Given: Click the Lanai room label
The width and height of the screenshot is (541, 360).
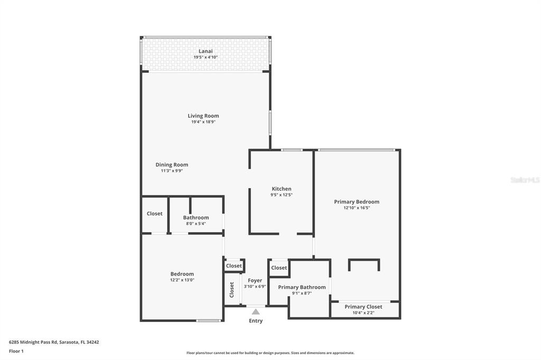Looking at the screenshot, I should click(x=206, y=51).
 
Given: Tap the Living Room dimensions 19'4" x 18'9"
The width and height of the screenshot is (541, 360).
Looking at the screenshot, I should click(x=203, y=122).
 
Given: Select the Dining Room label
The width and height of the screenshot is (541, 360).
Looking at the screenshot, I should click(x=172, y=165).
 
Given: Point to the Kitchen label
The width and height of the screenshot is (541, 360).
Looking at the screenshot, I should click(x=281, y=188).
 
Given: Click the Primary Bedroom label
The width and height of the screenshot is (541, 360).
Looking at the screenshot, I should click(x=356, y=202).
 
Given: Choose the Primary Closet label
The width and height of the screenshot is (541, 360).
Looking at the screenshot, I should click(x=363, y=307).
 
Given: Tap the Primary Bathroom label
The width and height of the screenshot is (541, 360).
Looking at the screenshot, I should click(x=302, y=287).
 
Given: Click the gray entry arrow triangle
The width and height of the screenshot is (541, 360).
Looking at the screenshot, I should click(x=256, y=311).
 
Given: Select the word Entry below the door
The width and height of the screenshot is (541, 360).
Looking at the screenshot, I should click(x=256, y=321).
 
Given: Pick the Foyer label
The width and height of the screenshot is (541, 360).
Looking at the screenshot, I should click(x=255, y=280).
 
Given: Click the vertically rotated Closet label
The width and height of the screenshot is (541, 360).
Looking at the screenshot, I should click(x=232, y=289).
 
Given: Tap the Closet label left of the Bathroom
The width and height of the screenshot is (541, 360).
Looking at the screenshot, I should click(x=154, y=214).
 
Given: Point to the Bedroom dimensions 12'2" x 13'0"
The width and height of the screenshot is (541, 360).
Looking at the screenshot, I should click(x=182, y=280).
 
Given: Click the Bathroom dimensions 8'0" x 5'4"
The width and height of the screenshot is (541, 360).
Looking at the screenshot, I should click(x=195, y=224).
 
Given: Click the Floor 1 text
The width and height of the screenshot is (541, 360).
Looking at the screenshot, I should click(x=16, y=351).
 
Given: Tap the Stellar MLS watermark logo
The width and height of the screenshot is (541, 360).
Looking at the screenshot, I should click(x=525, y=180).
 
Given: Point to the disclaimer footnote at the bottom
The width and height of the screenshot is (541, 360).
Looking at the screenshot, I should click(x=270, y=353).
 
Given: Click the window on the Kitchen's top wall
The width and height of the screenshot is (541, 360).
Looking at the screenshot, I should click(x=291, y=150).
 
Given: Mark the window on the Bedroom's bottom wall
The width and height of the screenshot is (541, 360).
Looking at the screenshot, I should click(x=208, y=320).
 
